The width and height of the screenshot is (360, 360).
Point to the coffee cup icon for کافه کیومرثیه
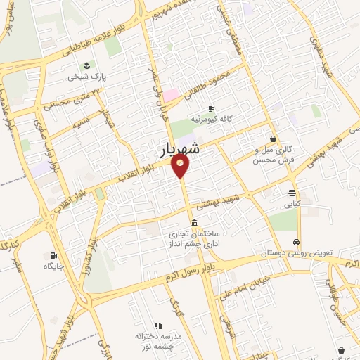click(211, 108)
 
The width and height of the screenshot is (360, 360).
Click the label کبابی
click(292, 205)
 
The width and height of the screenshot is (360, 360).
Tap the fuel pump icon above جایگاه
click(53, 255)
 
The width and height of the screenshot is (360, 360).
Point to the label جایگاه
click(53, 266)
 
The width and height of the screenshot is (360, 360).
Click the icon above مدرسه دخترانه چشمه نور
click(158, 326)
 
